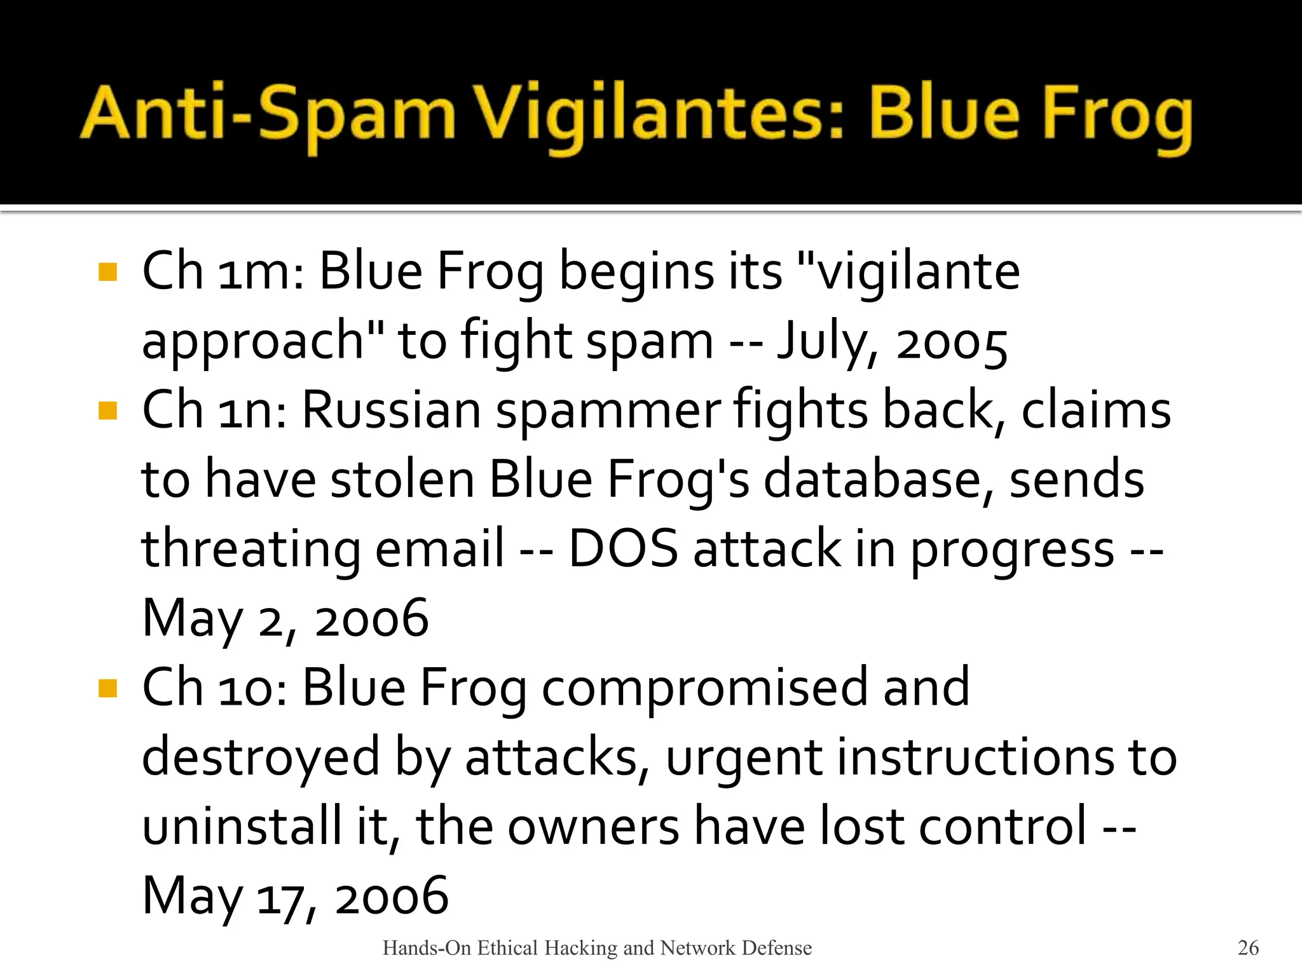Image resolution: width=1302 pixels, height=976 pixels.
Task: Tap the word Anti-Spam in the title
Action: tap(268, 114)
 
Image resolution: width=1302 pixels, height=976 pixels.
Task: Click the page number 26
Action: tap(1248, 947)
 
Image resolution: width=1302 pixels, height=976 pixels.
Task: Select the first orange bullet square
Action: tap(108, 272)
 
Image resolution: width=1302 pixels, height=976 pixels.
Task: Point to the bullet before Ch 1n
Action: tap(108, 410)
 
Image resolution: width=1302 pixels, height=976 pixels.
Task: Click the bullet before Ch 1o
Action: tap(108, 688)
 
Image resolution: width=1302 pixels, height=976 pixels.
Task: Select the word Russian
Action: tap(391, 410)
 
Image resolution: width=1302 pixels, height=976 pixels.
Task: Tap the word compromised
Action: tap(704, 688)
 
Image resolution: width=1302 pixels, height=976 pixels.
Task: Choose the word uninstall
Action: tap(242, 827)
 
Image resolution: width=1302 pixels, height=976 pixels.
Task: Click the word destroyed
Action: tap(261, 757)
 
